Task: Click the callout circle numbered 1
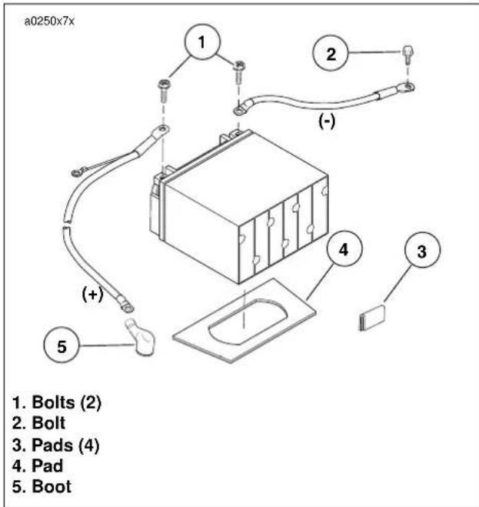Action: point(202,42)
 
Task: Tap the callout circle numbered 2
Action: point(331,53)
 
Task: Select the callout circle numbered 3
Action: point(422,249)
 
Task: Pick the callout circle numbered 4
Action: point(344,248)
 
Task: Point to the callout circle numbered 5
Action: point(62,345)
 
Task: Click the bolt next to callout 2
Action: point(408,54)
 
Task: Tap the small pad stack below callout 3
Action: point(372,319)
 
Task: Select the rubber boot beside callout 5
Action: point(141,337)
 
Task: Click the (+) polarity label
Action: point(93,294)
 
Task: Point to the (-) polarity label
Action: point(327,122)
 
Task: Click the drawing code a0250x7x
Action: point(49,22)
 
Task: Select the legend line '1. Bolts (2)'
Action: point(57,402)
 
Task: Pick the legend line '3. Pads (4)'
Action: point(56,445)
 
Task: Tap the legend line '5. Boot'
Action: point(42,487)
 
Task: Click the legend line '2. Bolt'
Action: point(38,423)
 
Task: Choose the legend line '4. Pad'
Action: point(38,466)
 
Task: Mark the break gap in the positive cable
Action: point(66,225)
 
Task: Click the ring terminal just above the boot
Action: point(127,307)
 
